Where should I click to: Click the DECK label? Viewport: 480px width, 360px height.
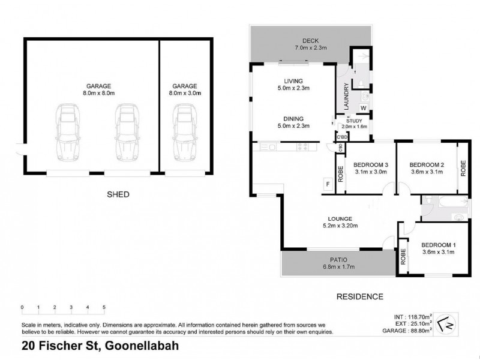pyautogui.click(x=310, y=41)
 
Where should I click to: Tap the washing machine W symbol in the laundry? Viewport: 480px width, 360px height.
pyautogui.click(x=364, y=108)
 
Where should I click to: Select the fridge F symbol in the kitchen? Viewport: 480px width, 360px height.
pyautogui.click(x=328, y=184)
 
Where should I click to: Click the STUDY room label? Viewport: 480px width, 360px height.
pyautogui.click(x=354, y=121)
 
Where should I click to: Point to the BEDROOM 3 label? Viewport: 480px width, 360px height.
pyautogui.click(x=371, y=165)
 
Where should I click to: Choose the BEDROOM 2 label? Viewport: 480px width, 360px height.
pyautogui.click(x=427, y=165)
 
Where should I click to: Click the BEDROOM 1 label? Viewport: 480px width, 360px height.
pyautogui.click(x=439, y=245)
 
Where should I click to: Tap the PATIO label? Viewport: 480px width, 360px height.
pyautogui.click(x=338, y=260)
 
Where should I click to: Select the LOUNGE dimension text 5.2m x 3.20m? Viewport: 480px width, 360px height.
pyautogui.click(x=340, y=226)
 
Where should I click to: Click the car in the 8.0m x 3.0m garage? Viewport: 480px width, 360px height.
pyautogui.click(x=185, y=132)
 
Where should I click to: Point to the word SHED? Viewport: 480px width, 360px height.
pyautogui.click(x=118, y=194)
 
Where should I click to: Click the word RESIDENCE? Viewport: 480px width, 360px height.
pyautogui.click(x=359, y=296)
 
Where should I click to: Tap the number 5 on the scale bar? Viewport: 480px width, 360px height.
pyautogui.click(x=104, y=307)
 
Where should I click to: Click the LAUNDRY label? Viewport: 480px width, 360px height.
pyautogui.click(x=347, y=96)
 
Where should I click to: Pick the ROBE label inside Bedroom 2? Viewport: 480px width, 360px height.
pyautogui.click(x=463, y=169)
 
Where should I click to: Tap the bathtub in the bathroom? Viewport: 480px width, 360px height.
pyautogui.click(x=453, y=202)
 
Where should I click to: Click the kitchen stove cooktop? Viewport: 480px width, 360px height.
pyautogui.click(x=302, y=147)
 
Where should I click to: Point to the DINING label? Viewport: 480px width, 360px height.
pyautogui.click(x=293, y=119)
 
